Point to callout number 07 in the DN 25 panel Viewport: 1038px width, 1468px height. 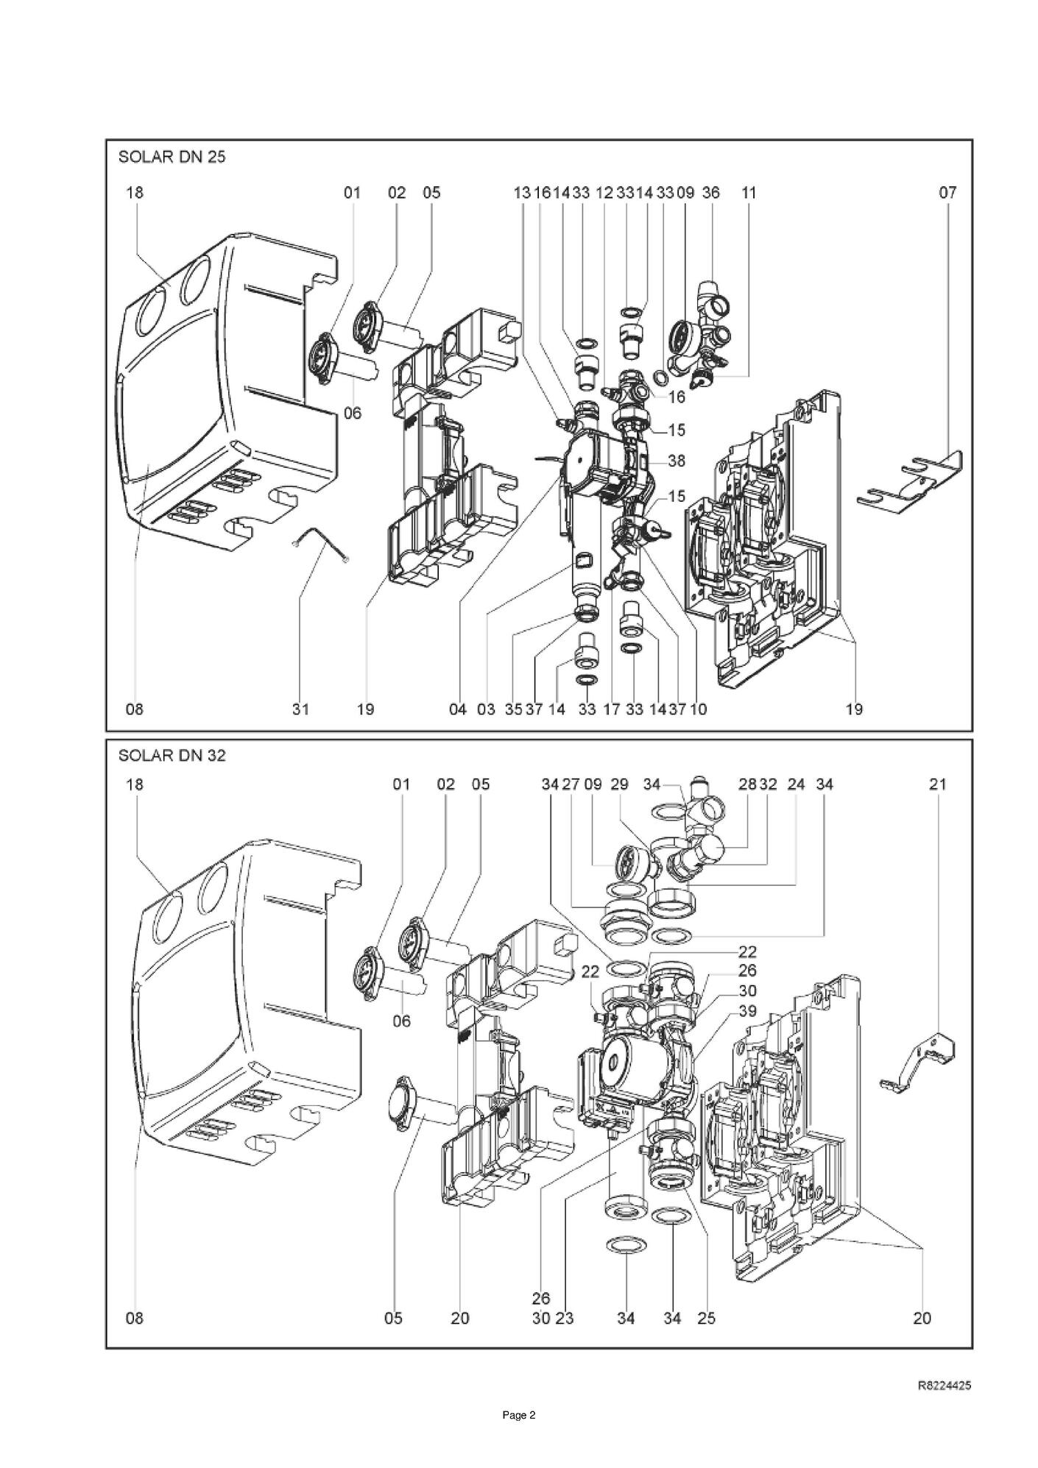tap(947, 193)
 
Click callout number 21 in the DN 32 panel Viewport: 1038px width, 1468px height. tap(937, 784)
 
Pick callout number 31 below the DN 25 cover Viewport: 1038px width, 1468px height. tap(300, 709)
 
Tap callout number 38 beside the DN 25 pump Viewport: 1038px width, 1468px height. tap(677, 461)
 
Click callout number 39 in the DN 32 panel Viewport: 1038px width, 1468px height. tap(747, 1011)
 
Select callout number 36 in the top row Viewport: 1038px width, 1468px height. tap(710, 193)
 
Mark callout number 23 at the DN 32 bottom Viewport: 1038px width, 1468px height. tap(565, 1318)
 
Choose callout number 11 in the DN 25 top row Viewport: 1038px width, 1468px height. tap(749, 193)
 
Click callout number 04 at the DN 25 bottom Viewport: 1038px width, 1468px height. tap(458, 709)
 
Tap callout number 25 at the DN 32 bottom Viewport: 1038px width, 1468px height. tap(706, 1318)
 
